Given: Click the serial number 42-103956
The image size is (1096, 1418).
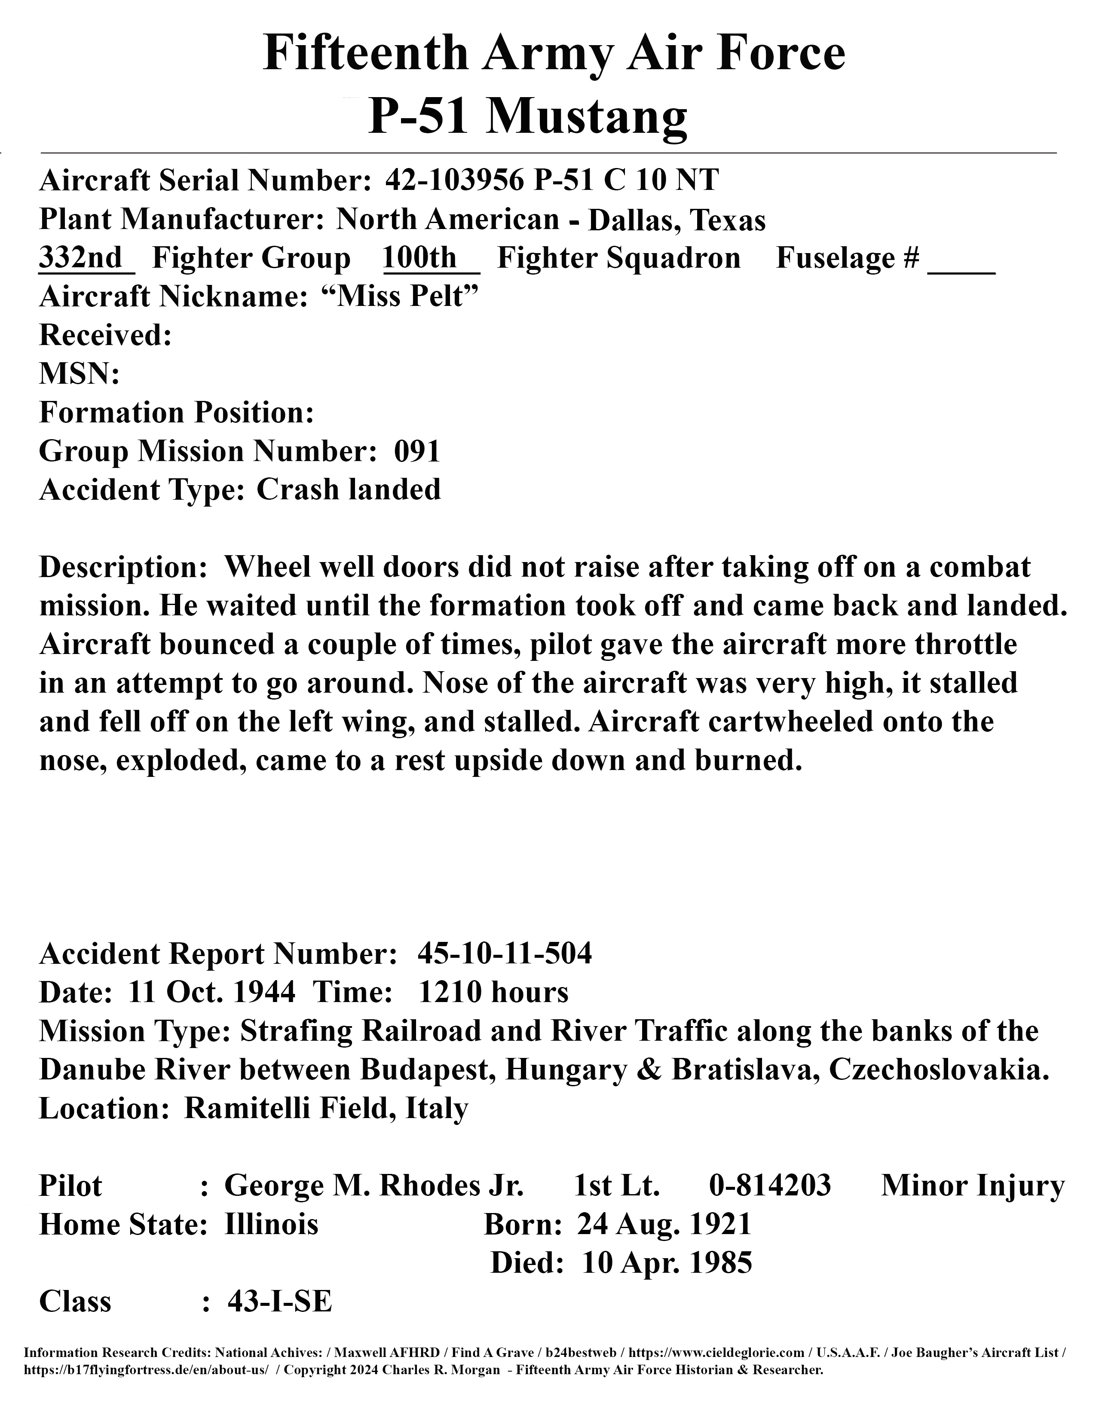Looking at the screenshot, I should click(454, 180).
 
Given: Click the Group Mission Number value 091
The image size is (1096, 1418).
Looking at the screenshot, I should click(417, 451).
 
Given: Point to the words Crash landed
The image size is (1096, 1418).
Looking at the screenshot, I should click(349, 489).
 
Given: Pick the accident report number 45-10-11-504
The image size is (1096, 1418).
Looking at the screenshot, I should click(505, 954).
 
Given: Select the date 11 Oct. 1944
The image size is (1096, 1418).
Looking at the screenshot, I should click(212, 992).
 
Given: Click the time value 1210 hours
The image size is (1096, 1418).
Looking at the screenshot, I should click(493, 992).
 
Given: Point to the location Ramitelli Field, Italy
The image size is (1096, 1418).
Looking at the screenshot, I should click(326, 1108).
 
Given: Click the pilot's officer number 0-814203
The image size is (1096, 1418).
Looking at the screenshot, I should click(770, 1186).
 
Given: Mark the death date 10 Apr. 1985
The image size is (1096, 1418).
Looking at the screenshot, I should click(667, 1263).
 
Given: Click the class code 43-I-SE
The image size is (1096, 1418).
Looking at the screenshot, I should click(280, 1301).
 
